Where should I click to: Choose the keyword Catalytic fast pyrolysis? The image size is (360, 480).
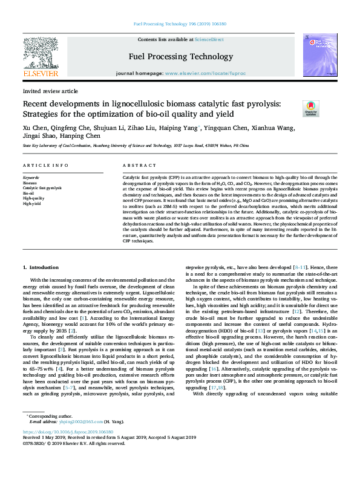pyautogui.click(x=42, y=188)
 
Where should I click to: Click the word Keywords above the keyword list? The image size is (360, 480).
pyautogui.click(x=31, y=178)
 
